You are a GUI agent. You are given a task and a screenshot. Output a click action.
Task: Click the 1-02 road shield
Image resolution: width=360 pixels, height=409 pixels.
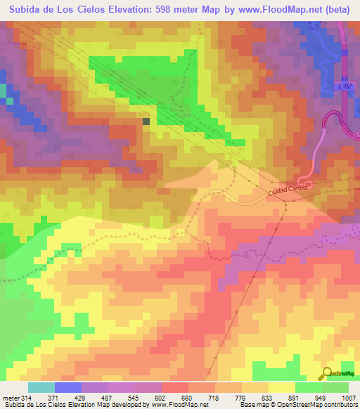(343, 86)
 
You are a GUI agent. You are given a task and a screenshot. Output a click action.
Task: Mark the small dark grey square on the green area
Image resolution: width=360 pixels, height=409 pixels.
(146, 121)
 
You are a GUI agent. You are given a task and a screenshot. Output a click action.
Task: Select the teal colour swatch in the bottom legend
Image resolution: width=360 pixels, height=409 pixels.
(41, 387)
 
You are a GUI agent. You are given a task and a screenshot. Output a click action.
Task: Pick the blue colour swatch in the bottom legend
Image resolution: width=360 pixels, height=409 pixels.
(68, 387)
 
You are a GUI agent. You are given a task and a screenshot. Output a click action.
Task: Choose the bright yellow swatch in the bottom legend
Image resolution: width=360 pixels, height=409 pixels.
(281, 387)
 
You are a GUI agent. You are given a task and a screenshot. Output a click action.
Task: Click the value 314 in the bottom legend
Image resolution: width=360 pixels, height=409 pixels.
(28, 398)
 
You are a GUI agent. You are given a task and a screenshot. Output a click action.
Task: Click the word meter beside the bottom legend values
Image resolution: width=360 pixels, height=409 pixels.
(10, 398)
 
